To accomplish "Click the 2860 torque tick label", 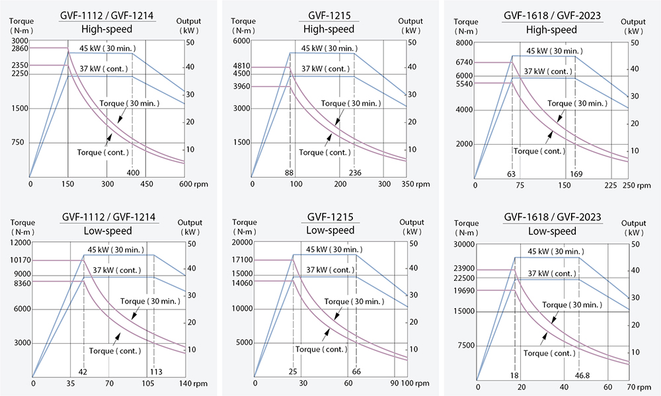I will [20, 48].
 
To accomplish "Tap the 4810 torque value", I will [242, 67].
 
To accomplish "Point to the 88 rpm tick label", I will [289, 173].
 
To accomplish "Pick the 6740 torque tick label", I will [464, 62].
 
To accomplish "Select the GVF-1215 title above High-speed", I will [329, 15].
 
